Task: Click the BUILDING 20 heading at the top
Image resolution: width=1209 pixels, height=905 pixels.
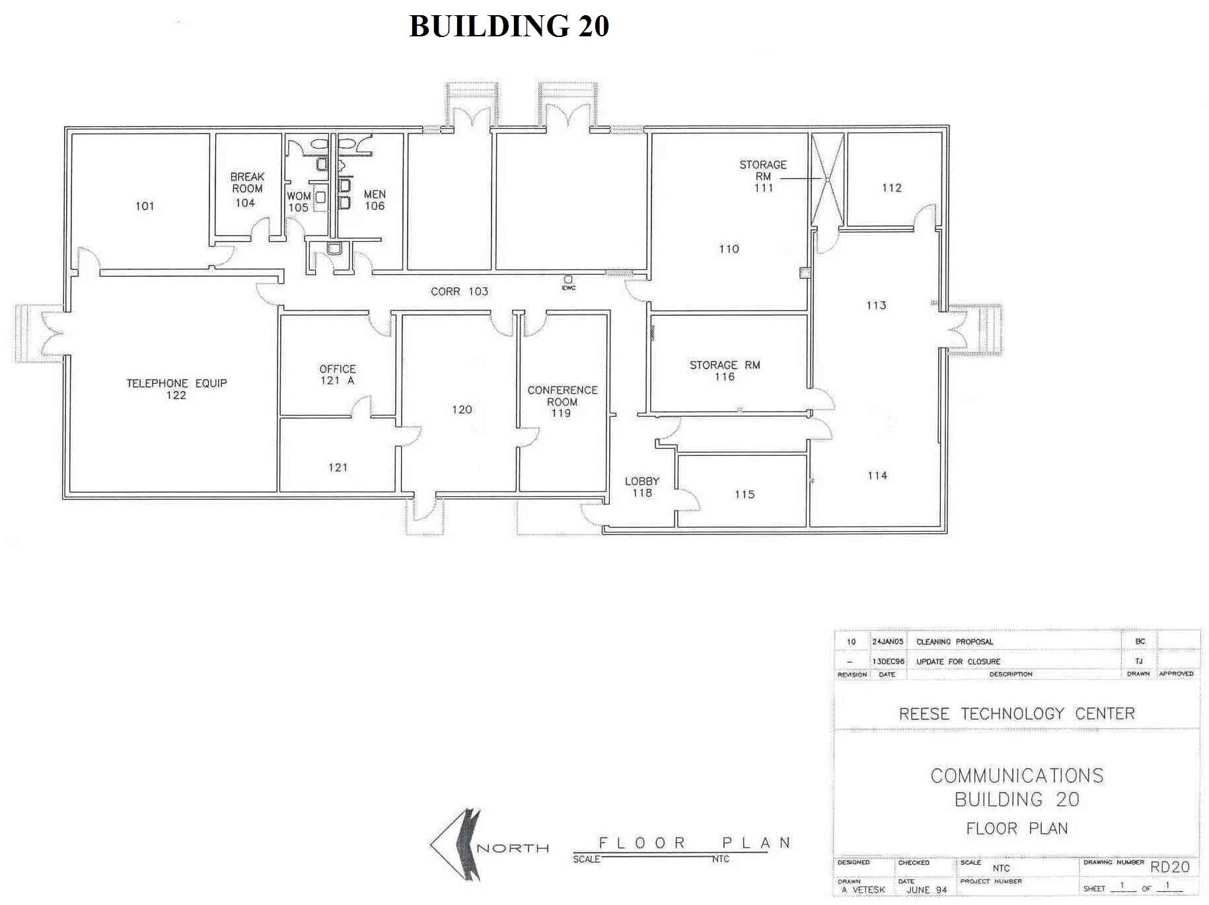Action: [509, 26]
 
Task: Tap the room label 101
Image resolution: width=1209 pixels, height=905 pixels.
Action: [145, 206]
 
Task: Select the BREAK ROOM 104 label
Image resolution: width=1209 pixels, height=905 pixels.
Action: [246, 190]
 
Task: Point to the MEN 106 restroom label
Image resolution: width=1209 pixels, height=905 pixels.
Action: [375, 200]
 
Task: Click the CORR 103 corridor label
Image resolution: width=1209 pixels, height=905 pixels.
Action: [459, 291]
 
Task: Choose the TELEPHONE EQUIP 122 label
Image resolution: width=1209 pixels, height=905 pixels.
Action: [176, 389]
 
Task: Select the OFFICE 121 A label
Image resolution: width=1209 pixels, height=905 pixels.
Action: [337, 375]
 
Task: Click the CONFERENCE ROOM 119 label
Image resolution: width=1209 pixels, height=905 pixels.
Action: [562, 402]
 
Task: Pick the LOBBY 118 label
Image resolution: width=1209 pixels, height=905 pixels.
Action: [642, 487]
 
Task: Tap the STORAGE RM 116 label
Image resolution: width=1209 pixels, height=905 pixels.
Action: [725, 371]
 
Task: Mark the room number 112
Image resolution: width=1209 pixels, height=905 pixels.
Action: [891, 188]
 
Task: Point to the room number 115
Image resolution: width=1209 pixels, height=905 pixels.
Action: [745, 494]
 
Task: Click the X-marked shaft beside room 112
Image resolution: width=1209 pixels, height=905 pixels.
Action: [827, 179]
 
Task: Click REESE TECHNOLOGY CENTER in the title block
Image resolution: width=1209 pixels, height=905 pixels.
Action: [1017, 714]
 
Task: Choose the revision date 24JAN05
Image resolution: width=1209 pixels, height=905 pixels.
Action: [887, 641]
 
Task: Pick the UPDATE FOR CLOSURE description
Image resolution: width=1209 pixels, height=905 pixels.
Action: [958, 661]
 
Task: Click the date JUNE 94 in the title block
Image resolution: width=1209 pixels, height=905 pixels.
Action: [926, 890]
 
